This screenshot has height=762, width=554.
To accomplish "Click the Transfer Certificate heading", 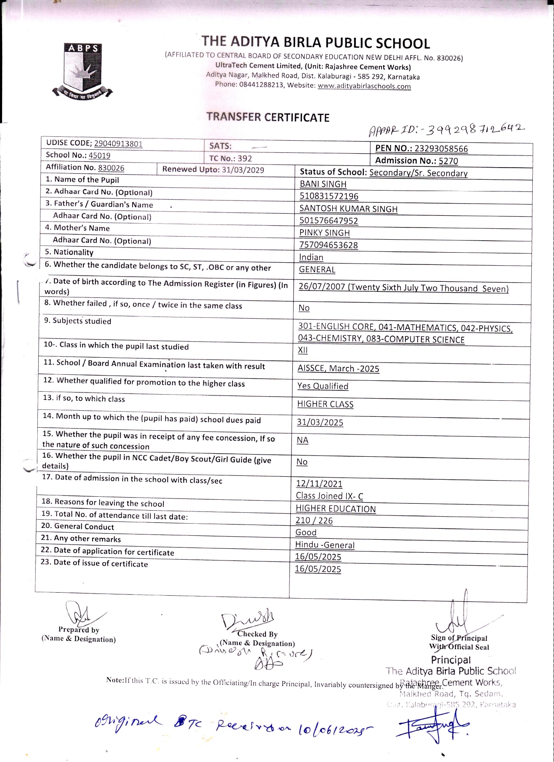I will [268, 117].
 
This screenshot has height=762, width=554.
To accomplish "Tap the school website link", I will [364, 86].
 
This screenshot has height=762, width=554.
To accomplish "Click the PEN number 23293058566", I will [441, 149].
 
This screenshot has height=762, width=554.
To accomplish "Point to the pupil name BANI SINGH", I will [323, 184].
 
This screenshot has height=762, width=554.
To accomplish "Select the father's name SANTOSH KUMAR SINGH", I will [348, 209].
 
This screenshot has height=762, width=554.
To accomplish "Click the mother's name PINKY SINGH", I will [324, 233].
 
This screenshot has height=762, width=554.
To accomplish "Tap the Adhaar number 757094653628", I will [328, 245].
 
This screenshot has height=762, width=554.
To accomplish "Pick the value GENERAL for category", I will [317, 270].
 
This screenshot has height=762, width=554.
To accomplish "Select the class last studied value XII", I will [302, 350].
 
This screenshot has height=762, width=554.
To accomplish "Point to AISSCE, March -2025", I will [338, 369].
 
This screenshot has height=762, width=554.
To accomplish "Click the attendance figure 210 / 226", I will [314, 521].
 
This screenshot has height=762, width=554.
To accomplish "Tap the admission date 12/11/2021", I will [319, 484].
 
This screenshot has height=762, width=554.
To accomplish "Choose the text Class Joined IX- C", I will [329, 496].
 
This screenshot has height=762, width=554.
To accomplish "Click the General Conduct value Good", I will [306, 532].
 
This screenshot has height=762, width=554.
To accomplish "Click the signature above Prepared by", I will [80, 613].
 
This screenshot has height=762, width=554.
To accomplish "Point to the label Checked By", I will [257, 634].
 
